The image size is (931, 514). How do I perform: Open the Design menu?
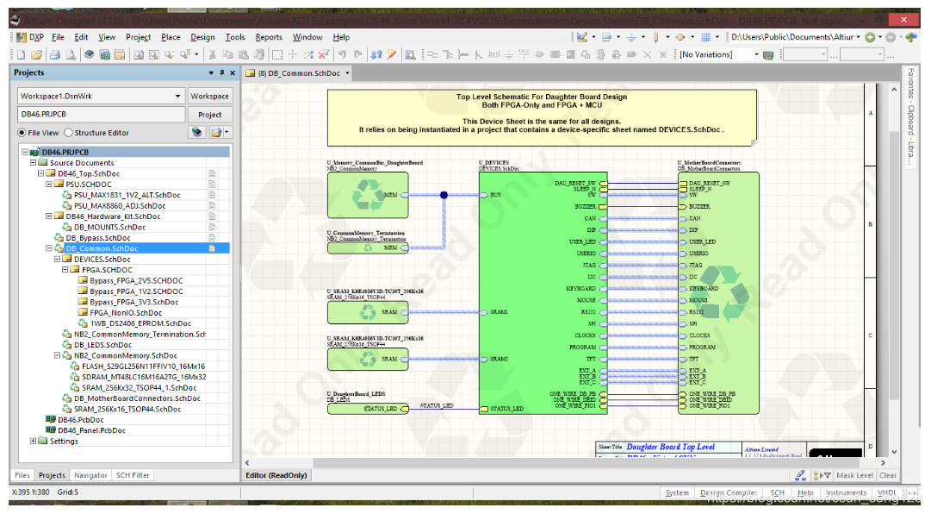202,37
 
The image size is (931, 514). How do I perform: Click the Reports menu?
269,37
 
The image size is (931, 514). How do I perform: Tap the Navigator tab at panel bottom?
90,475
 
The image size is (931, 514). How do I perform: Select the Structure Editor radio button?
69,133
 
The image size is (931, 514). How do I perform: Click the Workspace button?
209,96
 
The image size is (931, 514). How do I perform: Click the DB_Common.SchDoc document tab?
296,73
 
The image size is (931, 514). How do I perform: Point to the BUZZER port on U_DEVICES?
586,207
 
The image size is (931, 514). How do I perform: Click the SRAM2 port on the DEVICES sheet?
498,359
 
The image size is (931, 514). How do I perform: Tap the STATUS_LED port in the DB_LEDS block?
379,409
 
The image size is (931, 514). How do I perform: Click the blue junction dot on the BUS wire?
444,195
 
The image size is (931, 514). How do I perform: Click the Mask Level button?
854,475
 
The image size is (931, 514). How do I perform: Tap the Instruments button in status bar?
846,493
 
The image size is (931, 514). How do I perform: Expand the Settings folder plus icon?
33,441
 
